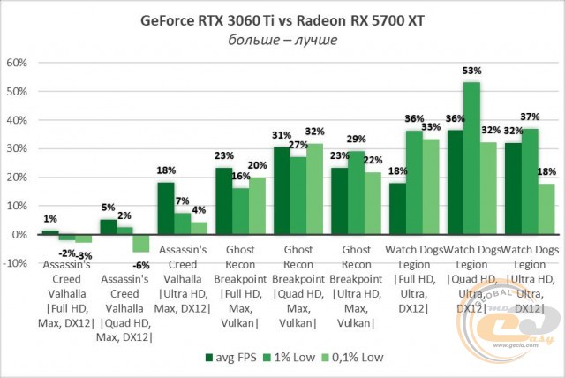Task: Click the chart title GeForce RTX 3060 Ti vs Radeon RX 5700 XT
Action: click(x=282, y=20)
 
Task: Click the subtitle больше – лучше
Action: click(x=282, y=41)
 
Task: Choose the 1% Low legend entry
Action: click(x=297, y=358)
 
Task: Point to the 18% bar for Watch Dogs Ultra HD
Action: click(x=546, y=209)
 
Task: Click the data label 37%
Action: click(x=531, y=117)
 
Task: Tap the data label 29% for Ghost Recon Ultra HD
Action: click(x=356, y=140)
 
